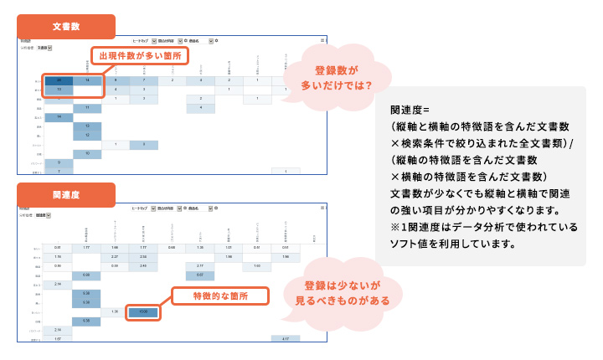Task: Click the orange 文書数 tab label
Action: click(x=65, y=25)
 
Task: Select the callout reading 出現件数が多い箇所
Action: click(x=140, y=56)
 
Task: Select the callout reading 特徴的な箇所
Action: click(x=219, y=296)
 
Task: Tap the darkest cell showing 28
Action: click(x=59, y=80)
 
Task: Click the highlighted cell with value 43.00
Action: click(x=143, y=312)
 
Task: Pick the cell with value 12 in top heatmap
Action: click(x=87, y=135)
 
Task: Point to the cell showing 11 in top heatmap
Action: click(x=87, y=108)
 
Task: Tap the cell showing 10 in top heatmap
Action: click(x=87, y=154)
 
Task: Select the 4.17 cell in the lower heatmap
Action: click(x=285, y=338)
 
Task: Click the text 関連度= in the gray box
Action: click(x=410, y=110)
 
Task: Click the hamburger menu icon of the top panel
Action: click(x=322, y=40)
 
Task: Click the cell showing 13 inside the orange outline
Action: click(x=59, y=90)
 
